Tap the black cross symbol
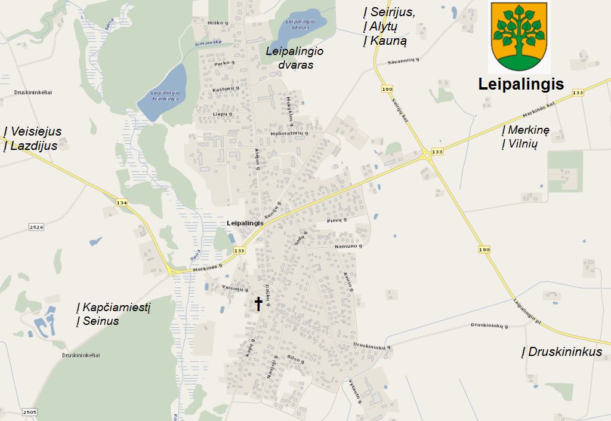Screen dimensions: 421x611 (x=258, y=304)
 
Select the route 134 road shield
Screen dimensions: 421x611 (x=122, y=203)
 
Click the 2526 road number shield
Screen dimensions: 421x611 (x=37, y=227)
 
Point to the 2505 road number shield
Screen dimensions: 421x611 (x=29, y=412)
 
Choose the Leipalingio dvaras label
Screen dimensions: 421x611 (x=295, y=58)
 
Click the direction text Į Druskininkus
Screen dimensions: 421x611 (x=561, y=352)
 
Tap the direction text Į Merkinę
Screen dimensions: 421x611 (x=525, y=130)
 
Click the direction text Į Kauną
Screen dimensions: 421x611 (x=385, y=41)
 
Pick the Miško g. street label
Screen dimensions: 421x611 (x=218, y=23)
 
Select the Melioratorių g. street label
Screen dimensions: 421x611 (x=289, y=133)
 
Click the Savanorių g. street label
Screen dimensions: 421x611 (x=404, y=61)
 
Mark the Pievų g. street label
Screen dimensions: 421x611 (x=337, y=220)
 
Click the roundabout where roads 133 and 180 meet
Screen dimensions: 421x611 (x=427, y=155)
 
